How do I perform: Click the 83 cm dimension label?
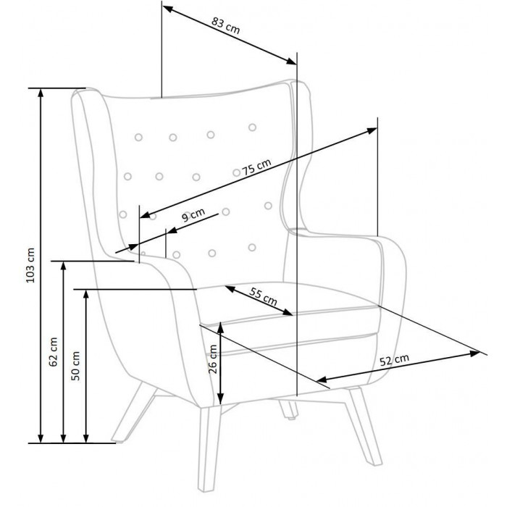click(x=226, y=25)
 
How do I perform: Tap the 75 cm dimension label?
click(x=256, y=167)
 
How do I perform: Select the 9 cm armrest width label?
click(x=193, y=214)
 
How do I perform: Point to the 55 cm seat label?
click(x=263, y=296)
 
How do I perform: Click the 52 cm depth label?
click(x=394, y=360)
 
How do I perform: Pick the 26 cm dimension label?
click(x=213, y=359)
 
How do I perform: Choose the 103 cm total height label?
click(x=30, y=266)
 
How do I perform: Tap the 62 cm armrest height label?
click(x=53, y=352)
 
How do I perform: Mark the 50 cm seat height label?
click(x=75, y=366)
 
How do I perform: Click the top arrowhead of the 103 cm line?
click(x=41, y=93)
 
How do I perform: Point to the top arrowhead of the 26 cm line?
click(x=220, y=327)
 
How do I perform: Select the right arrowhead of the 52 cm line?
click(x=475, y=353)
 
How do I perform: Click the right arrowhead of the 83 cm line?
click(x=292, y=61)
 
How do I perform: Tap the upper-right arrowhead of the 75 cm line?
click(x=372, y=130)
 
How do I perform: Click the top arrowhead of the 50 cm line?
click(x=85, y=295)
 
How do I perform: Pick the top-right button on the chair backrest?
click(x=252, y=127)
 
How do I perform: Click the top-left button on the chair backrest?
click(x=138, y=138)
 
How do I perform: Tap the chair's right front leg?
click(x=364, y=426)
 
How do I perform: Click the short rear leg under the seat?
click(x=289, y=410)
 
